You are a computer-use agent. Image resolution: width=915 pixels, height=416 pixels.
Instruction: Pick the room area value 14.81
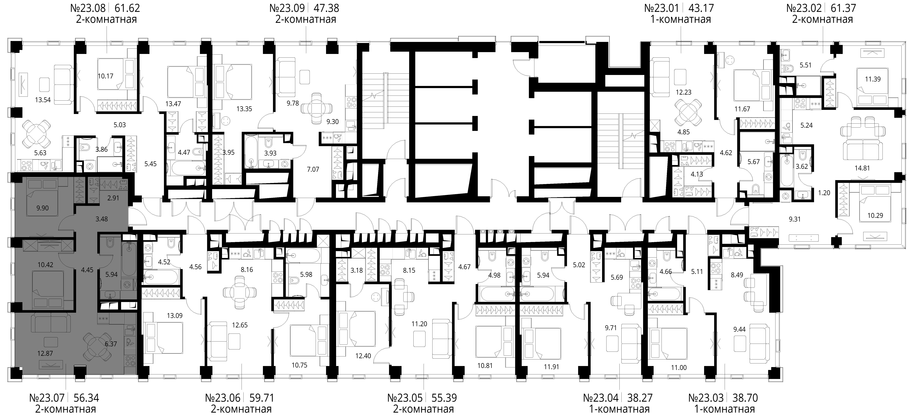point(862,168)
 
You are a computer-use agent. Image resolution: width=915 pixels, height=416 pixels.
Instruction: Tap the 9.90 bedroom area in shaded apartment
point(43,208)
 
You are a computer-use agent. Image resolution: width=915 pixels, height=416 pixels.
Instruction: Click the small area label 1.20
point(824,193)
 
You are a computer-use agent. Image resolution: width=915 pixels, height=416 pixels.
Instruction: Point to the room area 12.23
point(683,92)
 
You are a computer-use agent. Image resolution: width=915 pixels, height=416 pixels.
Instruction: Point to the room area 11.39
point(873,79)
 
